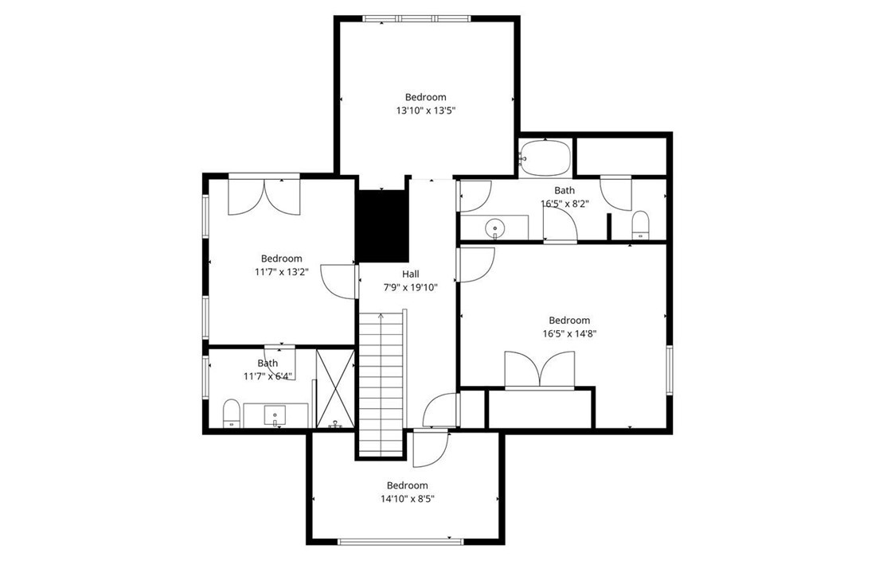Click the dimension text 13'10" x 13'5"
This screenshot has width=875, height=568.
[425, 111]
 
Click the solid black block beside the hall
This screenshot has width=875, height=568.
[381, 226]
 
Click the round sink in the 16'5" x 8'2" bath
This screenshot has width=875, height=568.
[494, 228]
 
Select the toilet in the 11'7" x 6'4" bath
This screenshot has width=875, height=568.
[231, 412]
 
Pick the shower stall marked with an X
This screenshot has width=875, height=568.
[334, 387]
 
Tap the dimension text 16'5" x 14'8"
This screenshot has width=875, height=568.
[569, 334]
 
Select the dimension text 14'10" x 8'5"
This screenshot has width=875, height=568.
[407, 499]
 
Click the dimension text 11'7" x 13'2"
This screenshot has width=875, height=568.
[281, 272]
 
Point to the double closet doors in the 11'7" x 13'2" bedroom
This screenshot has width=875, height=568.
[264, 196]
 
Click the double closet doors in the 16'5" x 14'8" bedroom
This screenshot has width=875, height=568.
[541, 370]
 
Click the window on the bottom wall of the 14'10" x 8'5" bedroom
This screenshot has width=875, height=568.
[400, 542]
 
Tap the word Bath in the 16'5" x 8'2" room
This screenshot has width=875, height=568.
[564, 190]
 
